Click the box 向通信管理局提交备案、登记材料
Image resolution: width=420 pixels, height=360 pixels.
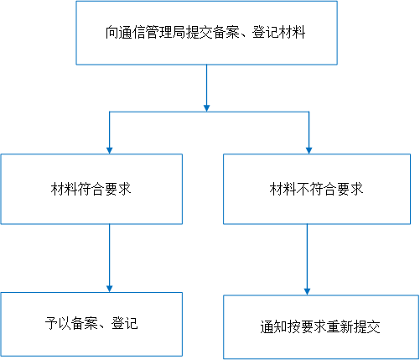coord(206,33)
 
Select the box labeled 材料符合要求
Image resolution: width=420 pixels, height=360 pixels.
coord(91,189)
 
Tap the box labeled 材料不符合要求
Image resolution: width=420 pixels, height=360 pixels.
coord(317,189)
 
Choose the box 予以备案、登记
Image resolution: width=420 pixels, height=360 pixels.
coord(91,324)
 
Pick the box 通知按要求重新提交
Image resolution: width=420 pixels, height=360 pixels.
coord(321,326)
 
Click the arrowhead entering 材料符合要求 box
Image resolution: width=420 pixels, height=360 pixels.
coord(110,150)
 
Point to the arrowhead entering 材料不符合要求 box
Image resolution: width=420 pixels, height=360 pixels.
coord(309,150)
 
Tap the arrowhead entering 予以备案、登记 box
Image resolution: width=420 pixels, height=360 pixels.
coord(110,289)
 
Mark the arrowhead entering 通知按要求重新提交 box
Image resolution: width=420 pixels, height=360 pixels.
coord(307,291)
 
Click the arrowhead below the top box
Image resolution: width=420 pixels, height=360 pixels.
coord(206,108)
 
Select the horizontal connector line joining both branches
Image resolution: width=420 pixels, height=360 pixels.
coord(209,112)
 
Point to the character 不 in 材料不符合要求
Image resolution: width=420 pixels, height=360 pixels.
coord(303,189)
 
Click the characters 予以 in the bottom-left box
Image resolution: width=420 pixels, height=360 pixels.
coord(58,324)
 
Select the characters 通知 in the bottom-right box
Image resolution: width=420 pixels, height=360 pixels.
coord(273,326)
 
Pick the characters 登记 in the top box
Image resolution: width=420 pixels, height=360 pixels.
coord(266,33)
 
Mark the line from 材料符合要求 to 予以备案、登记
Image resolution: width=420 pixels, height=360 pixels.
coord(110,255)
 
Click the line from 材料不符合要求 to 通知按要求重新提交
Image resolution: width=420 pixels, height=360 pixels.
coord(307,256)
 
